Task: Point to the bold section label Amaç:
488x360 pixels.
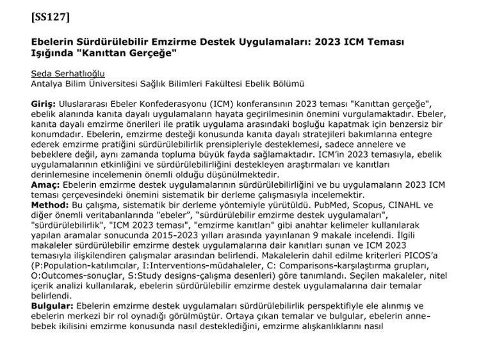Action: click(45, 185)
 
